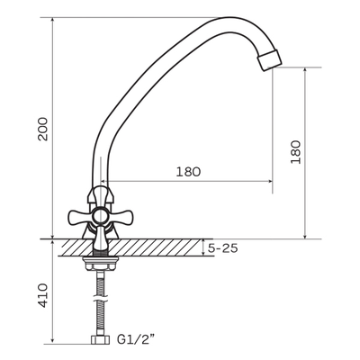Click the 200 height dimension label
coord(43,129)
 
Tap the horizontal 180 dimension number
coord(188,172)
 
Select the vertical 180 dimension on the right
coord(295,152)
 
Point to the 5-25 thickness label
coord(223,248)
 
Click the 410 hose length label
coord(43,295)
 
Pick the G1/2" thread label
coord(137,340)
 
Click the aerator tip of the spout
coord(270,60)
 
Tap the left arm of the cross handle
coord(79,216)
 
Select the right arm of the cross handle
coord(121,216)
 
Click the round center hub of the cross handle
coord(100,216)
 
